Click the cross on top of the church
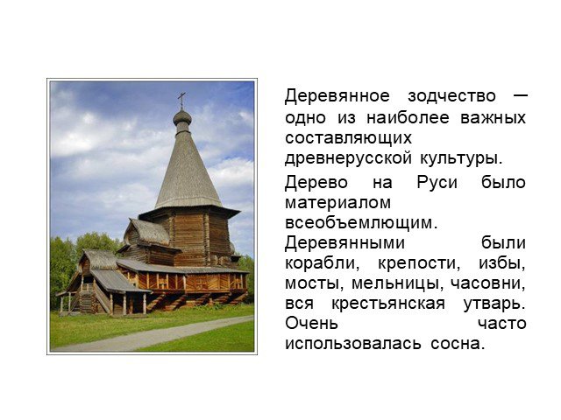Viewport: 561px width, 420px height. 181,101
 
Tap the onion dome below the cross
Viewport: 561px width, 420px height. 182,117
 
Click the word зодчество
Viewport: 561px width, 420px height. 452,95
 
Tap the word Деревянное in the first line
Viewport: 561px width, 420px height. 337,96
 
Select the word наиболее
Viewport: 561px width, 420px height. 408,117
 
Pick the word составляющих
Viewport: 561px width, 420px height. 349,138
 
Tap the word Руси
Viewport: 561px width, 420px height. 437,182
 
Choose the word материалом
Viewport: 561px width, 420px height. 337,203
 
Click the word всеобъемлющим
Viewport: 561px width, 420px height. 361,223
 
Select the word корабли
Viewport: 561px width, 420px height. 322,263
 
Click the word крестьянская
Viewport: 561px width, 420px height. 388,304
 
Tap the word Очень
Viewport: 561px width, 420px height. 311,324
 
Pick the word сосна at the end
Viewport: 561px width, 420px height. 458,344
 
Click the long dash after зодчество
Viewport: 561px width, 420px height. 518,95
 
